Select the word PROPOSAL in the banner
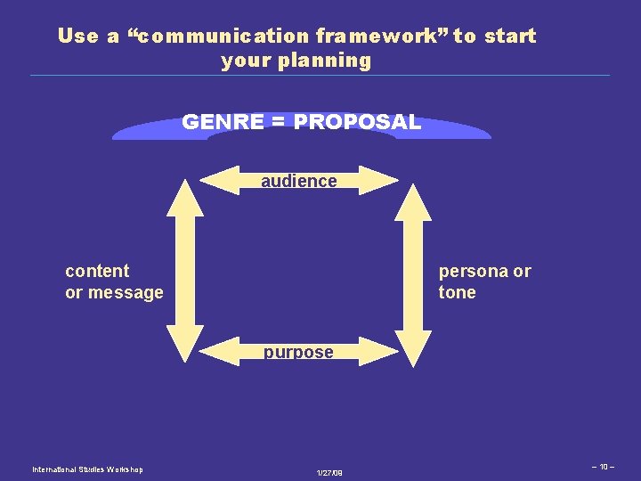356,122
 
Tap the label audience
299,181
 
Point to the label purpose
298,352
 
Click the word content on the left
97,271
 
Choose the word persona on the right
472,271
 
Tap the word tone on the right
457,292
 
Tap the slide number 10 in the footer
603,466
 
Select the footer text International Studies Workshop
87,469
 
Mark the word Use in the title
77,37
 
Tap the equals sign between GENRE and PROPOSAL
278,122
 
